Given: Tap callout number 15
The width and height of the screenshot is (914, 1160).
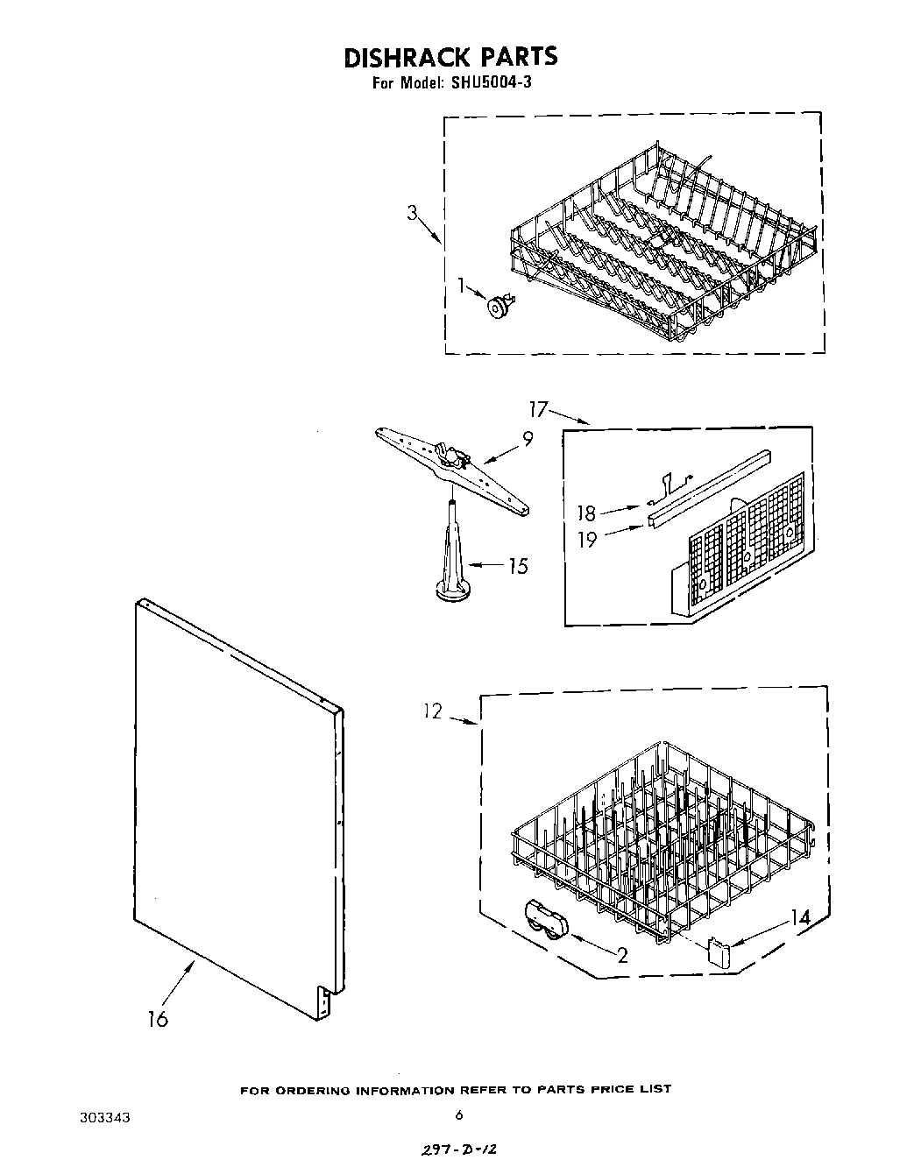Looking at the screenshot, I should (518, 566).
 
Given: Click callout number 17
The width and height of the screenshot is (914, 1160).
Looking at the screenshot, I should (537, 408).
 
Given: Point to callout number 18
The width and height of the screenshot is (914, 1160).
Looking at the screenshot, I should (586, 513).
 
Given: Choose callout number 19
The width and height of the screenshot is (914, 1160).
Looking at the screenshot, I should (586, 539).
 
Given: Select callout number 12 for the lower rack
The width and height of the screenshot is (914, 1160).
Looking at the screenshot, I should (432, 712).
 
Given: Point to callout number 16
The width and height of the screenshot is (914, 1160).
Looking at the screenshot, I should (158, 1019).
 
